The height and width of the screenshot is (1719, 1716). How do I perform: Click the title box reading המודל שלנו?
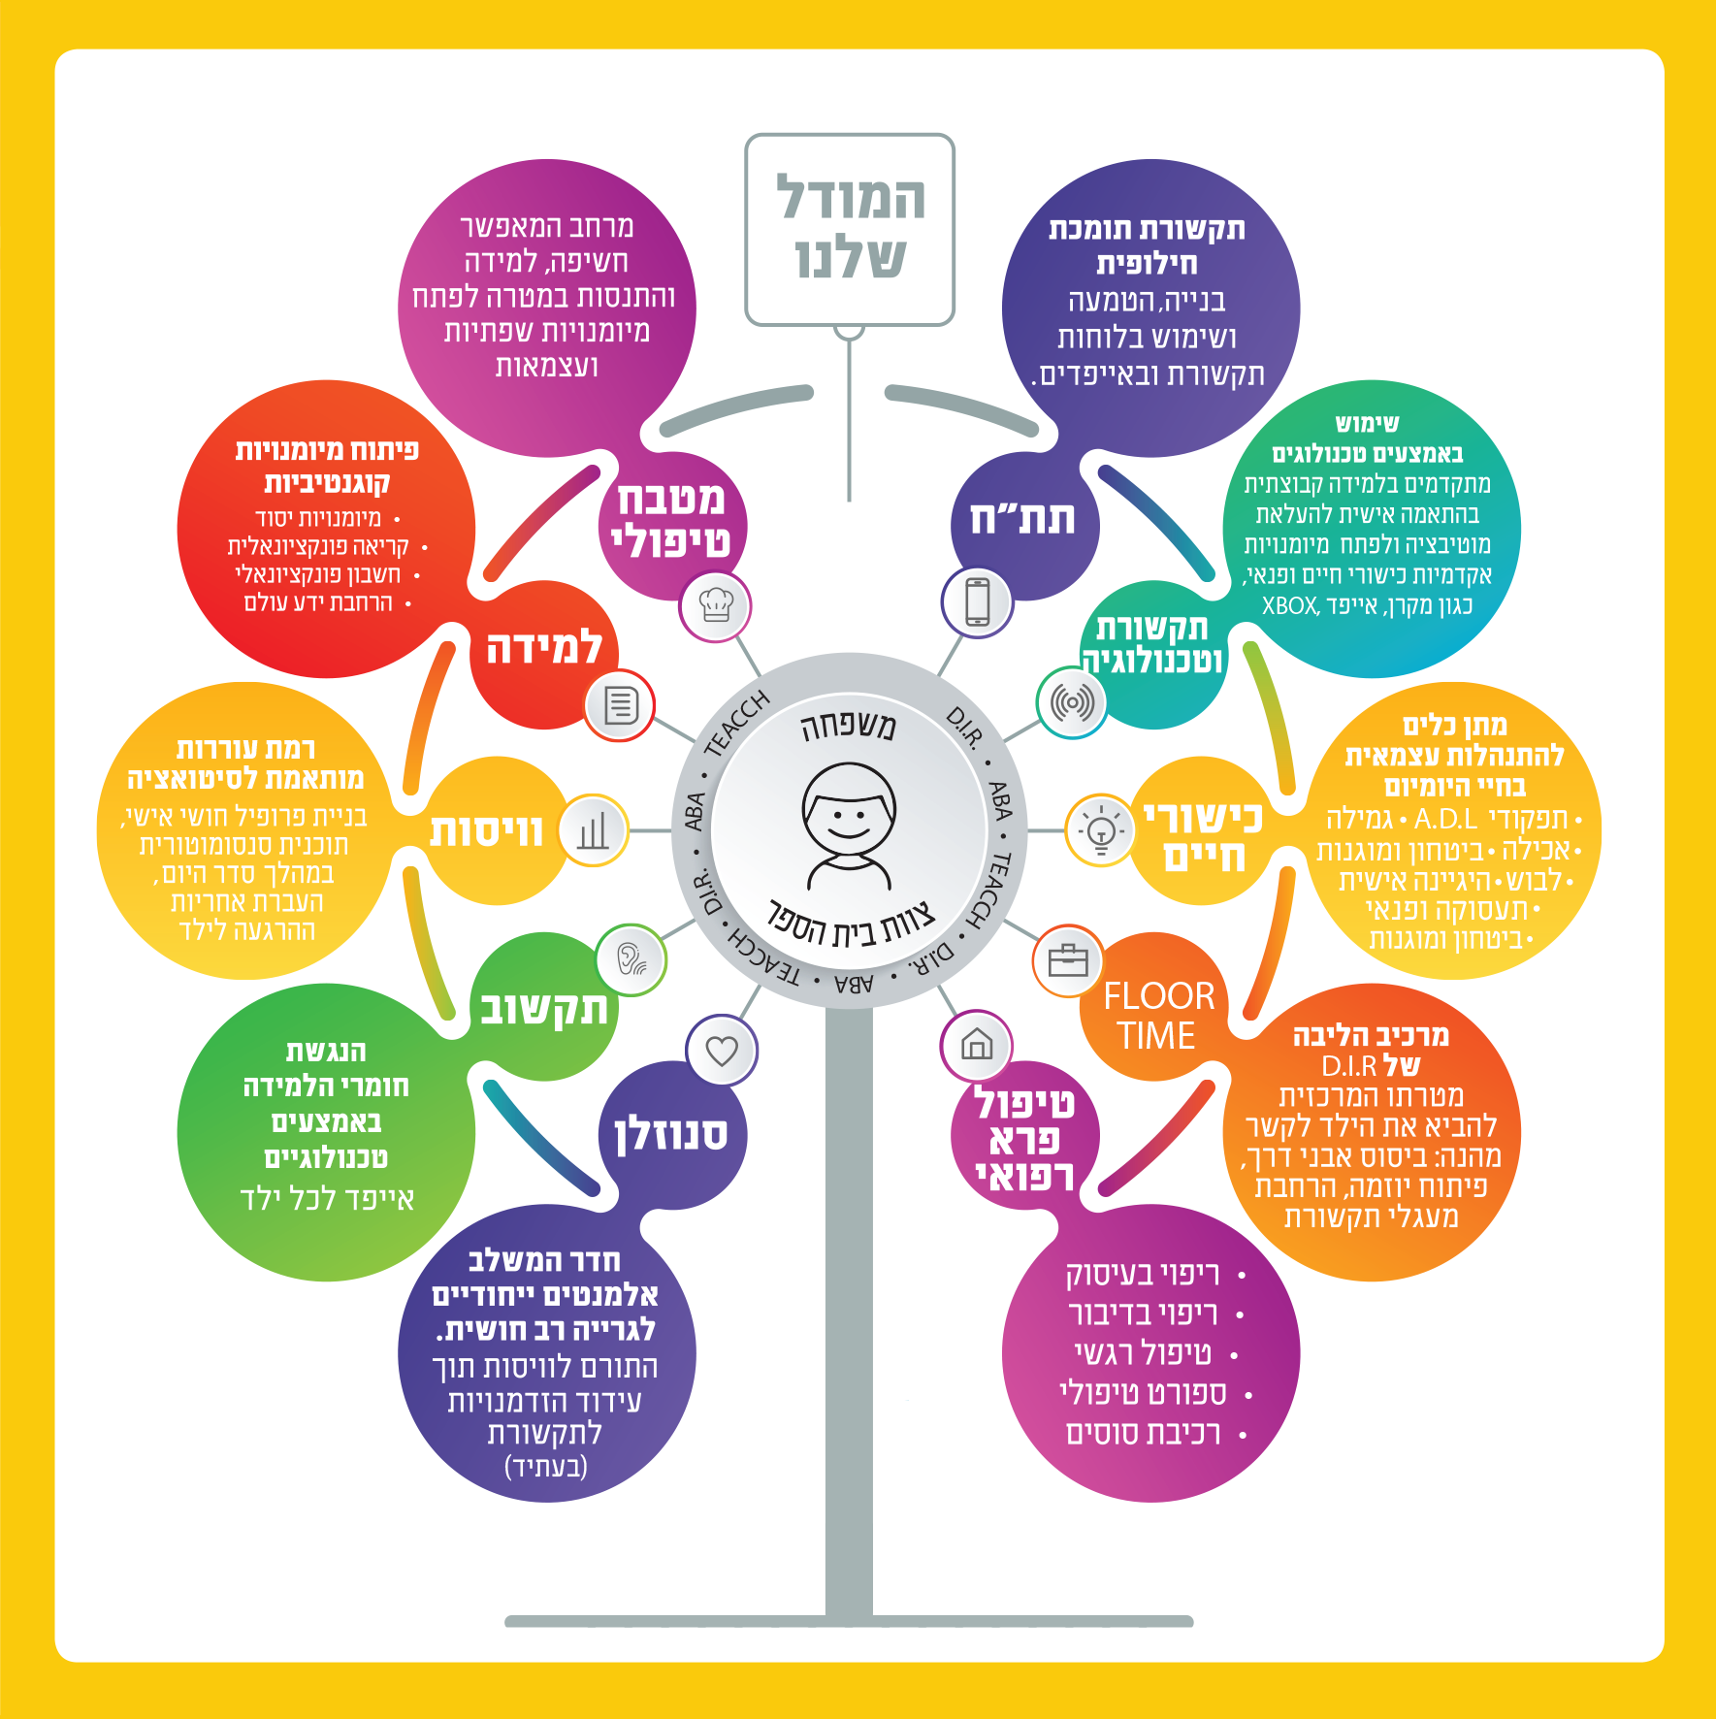[850, 230]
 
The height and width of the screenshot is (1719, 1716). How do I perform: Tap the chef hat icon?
[716, 606]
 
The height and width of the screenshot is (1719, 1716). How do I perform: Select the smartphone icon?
[977, 601]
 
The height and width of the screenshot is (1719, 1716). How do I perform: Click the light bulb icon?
[1101, 830]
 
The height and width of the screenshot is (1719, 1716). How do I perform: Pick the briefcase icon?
[1068, 960]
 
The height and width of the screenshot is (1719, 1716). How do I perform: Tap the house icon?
[976, 1045]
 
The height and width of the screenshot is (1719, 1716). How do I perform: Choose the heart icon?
[722, 1051]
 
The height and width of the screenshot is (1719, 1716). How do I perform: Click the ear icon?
[631, 959]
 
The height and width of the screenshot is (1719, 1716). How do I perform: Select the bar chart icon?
[593, 830]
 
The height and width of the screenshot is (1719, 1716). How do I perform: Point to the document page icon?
[621, 704]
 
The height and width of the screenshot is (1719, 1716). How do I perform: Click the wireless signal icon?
[1072, 701]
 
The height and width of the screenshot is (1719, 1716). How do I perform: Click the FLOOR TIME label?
[1158, 1016]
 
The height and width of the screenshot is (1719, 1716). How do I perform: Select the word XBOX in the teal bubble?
[1290, 606]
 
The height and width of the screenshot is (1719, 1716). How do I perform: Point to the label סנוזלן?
[670, 1134]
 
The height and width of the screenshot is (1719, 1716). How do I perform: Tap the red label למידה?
[544, 648]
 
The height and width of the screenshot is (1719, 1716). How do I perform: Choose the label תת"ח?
[1022, 519]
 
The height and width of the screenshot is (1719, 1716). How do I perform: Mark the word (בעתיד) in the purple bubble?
[546, 1466]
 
